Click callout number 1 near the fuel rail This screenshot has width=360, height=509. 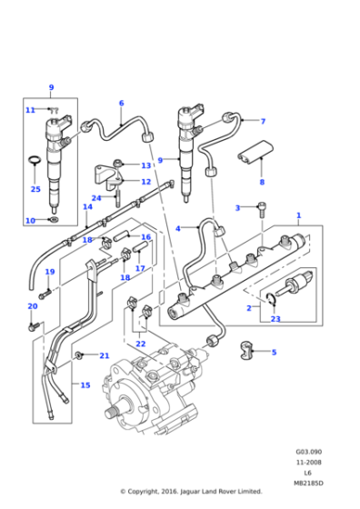[x=298, y=215]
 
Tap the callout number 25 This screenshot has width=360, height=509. [x=35, y=189]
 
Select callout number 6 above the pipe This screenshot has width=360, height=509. [x=121, y=103]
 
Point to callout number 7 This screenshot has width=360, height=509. [x=262, y=121]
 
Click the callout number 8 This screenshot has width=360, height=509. [x=262, y=182]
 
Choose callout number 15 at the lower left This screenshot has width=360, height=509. [x=85, y=385]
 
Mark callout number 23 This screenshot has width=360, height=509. [x=275, y=319]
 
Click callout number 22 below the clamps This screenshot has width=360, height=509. [x=140, y=344]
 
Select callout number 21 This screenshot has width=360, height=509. [x=105, y=355]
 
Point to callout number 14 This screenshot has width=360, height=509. [x=87, y=206]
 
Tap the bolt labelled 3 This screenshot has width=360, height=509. [x=261, y=211]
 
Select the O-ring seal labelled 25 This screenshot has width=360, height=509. [x=34, y=165]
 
